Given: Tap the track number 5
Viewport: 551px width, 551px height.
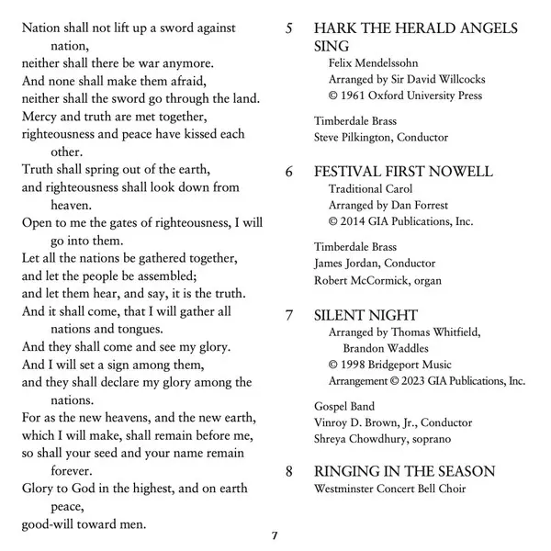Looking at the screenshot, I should [x=290, y=28].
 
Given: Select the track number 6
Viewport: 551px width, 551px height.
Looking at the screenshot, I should [x=290, y=171].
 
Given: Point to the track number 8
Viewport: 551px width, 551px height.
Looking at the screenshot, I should [x=290, y=471].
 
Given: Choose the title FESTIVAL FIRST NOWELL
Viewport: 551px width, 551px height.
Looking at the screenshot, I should [x=403, y=171].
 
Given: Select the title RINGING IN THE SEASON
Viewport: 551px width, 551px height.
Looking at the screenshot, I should [x=404, y=471].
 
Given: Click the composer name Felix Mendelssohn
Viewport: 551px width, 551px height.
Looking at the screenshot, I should [x=373, y=63].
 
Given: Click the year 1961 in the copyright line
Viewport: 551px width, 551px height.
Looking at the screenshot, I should [x=356, y=96].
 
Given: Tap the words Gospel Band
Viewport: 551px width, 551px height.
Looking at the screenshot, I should [x=343, y=406].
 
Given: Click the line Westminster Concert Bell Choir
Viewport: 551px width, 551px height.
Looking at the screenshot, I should [x=389, y=489].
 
